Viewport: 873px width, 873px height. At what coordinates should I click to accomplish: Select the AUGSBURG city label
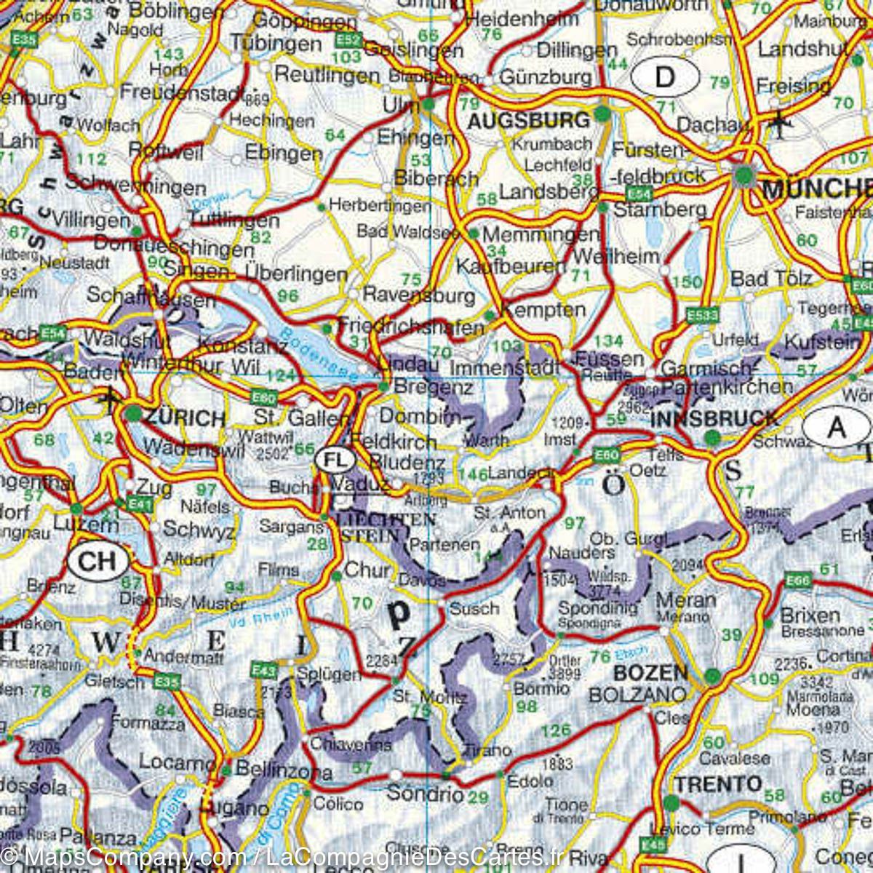[528, 120]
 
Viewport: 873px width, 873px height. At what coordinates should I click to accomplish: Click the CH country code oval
[97, 561]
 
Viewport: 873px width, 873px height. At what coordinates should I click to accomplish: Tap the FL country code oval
[335, 460]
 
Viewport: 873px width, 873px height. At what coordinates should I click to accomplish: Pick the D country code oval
[665, 76]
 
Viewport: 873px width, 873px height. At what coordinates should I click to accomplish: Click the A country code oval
[837, 428]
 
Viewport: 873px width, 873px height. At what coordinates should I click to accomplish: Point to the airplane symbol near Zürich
[109, 397]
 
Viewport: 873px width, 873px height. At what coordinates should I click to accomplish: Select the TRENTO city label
[717, 784]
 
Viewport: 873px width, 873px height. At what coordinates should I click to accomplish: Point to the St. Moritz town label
[429, 697]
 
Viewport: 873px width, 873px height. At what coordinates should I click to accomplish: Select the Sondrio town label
[425, 793]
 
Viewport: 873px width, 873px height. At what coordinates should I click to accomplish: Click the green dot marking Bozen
[713, 676]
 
